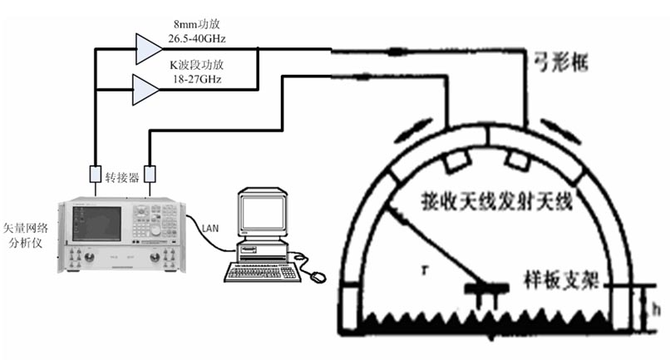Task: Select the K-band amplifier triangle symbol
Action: [x=145, y=86]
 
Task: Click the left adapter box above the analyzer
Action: [x=95, y=175]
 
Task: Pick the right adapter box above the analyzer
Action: [x=150, y=175]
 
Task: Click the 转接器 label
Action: [x=122, y=176]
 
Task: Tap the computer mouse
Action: [x=317, y=274]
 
